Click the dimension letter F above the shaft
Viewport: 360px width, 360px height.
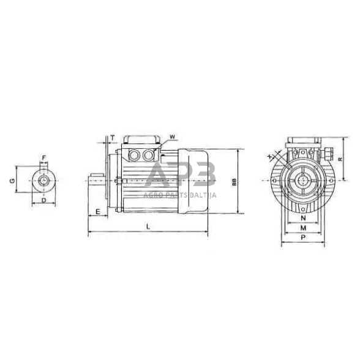pos(43,159)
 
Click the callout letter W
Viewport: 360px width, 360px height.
pos(173,136)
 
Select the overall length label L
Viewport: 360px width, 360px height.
pos(148,227)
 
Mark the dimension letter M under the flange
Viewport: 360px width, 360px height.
pos(302,228)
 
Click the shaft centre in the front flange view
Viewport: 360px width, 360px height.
pos(303,181)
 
